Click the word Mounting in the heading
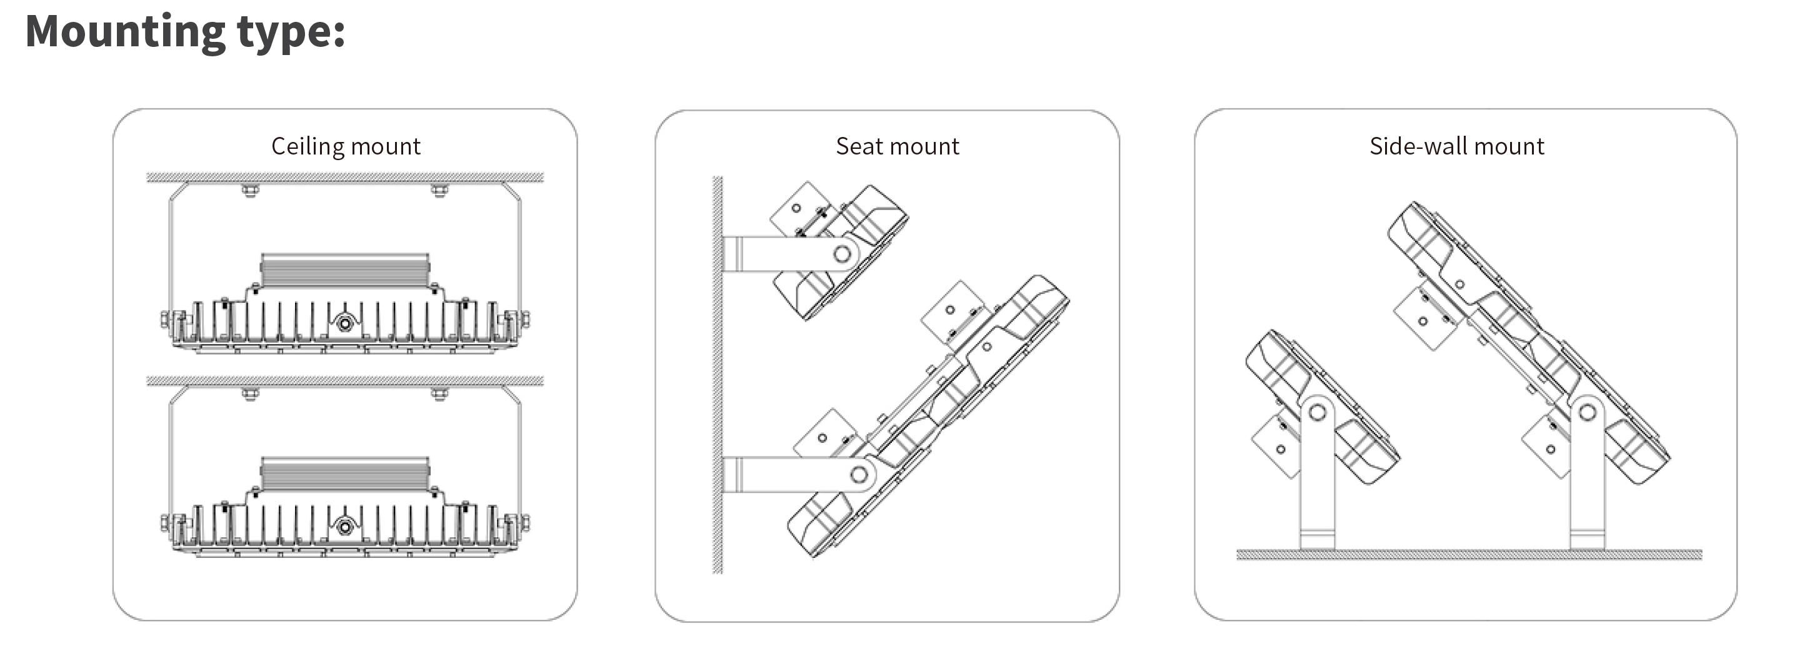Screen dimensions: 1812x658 coord(125,33)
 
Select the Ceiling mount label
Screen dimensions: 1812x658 coord(346,146)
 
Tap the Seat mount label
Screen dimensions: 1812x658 coord(897,146)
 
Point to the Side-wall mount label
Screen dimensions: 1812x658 coord(1456,146)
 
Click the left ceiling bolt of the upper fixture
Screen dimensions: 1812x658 coord(250,190)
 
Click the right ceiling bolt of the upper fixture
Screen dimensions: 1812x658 coord(439,190)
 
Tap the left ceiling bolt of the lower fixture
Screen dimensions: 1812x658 coord(250,393)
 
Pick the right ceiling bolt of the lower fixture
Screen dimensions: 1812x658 coord(439,393)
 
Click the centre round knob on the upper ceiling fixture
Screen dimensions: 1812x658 coord(344,323)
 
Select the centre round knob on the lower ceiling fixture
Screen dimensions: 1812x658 coord(344,527)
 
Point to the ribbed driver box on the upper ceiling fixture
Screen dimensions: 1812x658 coord(344,270)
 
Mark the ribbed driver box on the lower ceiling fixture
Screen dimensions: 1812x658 coord(344,473)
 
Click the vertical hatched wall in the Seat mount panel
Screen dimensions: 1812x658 coord(718,375)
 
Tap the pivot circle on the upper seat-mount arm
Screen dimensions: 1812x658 coord(842,253)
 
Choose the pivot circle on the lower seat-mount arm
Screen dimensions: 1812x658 coord(859,473)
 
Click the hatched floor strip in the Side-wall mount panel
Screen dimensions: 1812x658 coord(1469,555)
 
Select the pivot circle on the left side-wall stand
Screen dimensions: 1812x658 coord(1318,412)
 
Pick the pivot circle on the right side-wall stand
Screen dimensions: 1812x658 coord(1588,411)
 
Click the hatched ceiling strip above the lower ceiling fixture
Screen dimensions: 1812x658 coord(344,381)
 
